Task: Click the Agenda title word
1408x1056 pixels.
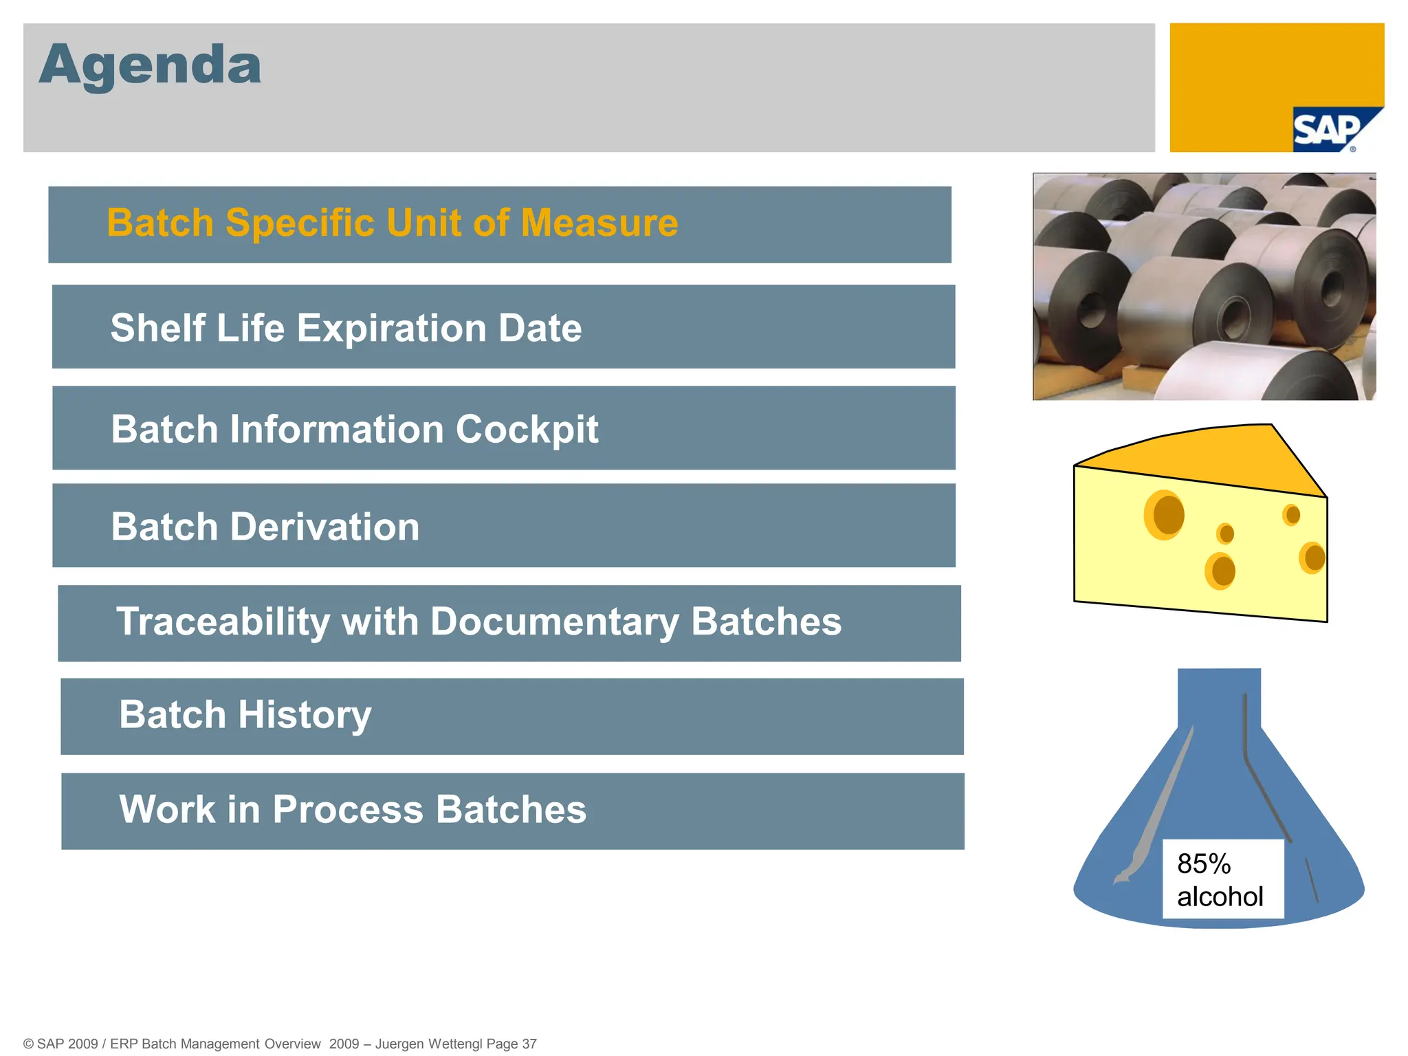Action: [x=150, y=65]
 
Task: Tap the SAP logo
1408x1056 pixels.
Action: [x=1327, y=131]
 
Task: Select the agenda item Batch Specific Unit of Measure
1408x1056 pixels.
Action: [x=392, y=223]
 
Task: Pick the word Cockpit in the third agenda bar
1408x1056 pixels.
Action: [x=527, y=430]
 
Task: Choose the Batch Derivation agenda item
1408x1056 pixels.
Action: [x=265, y=527]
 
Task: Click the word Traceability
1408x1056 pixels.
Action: [x=223, y=622]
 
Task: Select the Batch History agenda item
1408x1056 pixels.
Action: [x=245, y=715]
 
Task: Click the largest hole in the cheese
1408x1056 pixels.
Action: [x=1166, y=514]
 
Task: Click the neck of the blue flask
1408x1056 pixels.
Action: [x=1218, y=698]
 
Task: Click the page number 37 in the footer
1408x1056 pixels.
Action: [x=529, y=1044]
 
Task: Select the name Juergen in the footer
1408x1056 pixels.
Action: [x=400, y=1044]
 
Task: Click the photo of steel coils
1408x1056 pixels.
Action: [x=1204, y=287]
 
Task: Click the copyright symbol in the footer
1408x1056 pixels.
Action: [x=29, y=1044]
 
